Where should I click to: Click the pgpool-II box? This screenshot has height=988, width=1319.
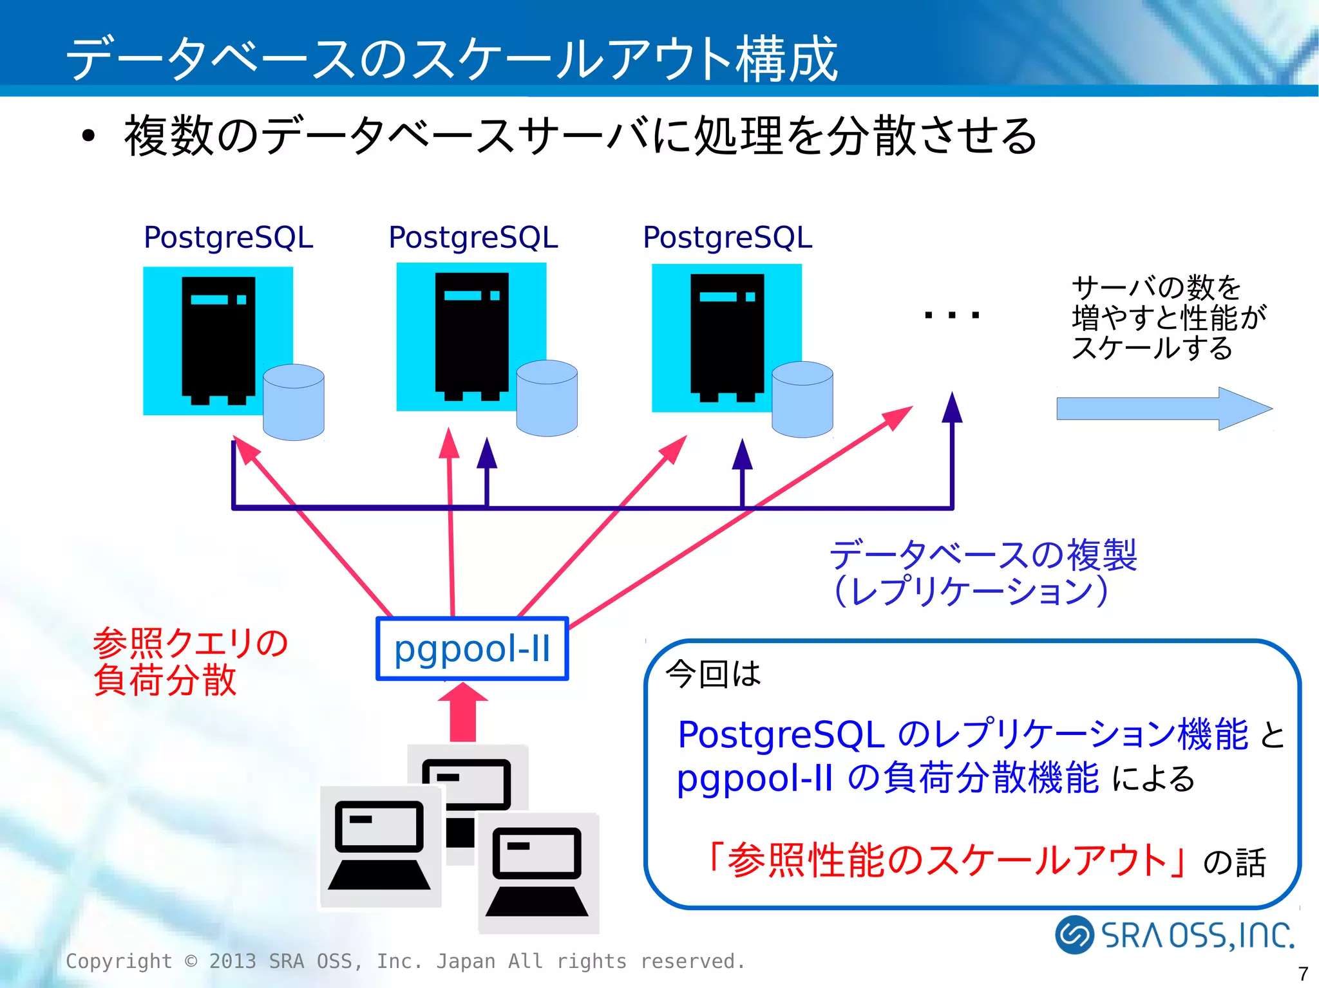[472, 648]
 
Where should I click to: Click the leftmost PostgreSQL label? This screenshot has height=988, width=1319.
[228, 237]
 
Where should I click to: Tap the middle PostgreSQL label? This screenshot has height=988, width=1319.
[473, 237]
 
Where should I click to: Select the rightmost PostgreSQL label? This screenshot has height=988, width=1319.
[727, 237]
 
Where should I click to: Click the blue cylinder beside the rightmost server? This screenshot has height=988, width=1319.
[802, 400]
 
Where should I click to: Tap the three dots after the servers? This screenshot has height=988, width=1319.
[951, 315]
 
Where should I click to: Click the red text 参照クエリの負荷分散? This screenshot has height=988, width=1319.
[190, 661]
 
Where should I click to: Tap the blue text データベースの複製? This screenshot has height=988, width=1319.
[983, 555]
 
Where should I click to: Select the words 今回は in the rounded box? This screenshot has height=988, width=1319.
[712, 674]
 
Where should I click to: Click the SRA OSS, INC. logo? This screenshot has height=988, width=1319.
[1174, 935]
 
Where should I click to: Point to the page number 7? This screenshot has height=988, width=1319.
[1303, 973]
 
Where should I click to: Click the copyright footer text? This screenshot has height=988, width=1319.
[406, 961]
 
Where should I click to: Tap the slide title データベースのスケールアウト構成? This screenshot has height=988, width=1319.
[451, 58]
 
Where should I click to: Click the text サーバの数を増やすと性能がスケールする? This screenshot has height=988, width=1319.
[1168, 317]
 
